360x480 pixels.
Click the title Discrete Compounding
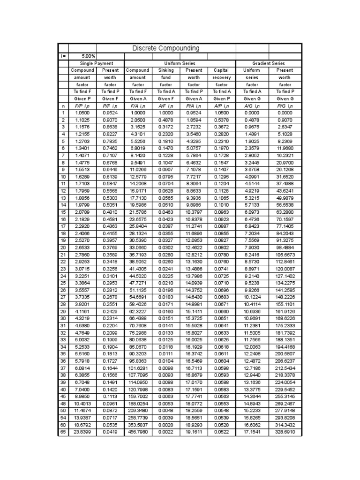[166, 48]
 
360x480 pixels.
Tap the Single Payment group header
[97, 63]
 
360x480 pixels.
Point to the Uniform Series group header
[180, 63]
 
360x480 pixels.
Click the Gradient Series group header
[269, 63]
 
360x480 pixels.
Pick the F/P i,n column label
[82, 106]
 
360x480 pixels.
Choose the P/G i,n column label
[285, 106]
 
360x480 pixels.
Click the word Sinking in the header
[166, 70]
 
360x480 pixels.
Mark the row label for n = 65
[63, 432]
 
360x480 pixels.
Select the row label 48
[63, 403]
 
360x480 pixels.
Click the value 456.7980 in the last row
[138, 432]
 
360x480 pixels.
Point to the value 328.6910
[285, 432]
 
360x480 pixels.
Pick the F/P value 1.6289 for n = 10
[82, 177]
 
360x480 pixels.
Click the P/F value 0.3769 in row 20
[111, 247]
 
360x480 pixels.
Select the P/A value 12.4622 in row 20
[194, 247]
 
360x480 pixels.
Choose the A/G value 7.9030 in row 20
[252, 247]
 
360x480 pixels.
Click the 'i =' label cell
[63, 56]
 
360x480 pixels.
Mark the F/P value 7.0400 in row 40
[82, 389]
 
